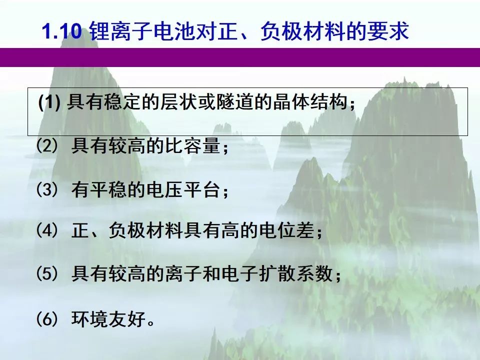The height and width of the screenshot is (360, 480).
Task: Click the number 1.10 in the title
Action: pos(62,31)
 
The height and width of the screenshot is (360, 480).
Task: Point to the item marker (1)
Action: pos(49,102)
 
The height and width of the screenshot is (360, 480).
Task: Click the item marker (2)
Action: pos(47,145)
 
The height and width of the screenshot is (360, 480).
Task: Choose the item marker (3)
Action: pos(47,189)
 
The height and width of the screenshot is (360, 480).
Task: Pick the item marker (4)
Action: pos(47,230)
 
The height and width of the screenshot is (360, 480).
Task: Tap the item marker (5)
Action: pos(47,273)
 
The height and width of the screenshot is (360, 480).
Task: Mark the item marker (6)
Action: pos(47,318)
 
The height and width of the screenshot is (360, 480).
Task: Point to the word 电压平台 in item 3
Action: pos(183,189)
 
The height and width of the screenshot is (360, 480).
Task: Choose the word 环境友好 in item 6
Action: pos(108,318)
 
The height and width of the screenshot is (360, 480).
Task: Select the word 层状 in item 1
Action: pos(178,102)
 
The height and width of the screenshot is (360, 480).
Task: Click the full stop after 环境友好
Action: pos(151,323)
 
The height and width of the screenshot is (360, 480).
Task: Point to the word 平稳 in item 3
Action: pos(108,189)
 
